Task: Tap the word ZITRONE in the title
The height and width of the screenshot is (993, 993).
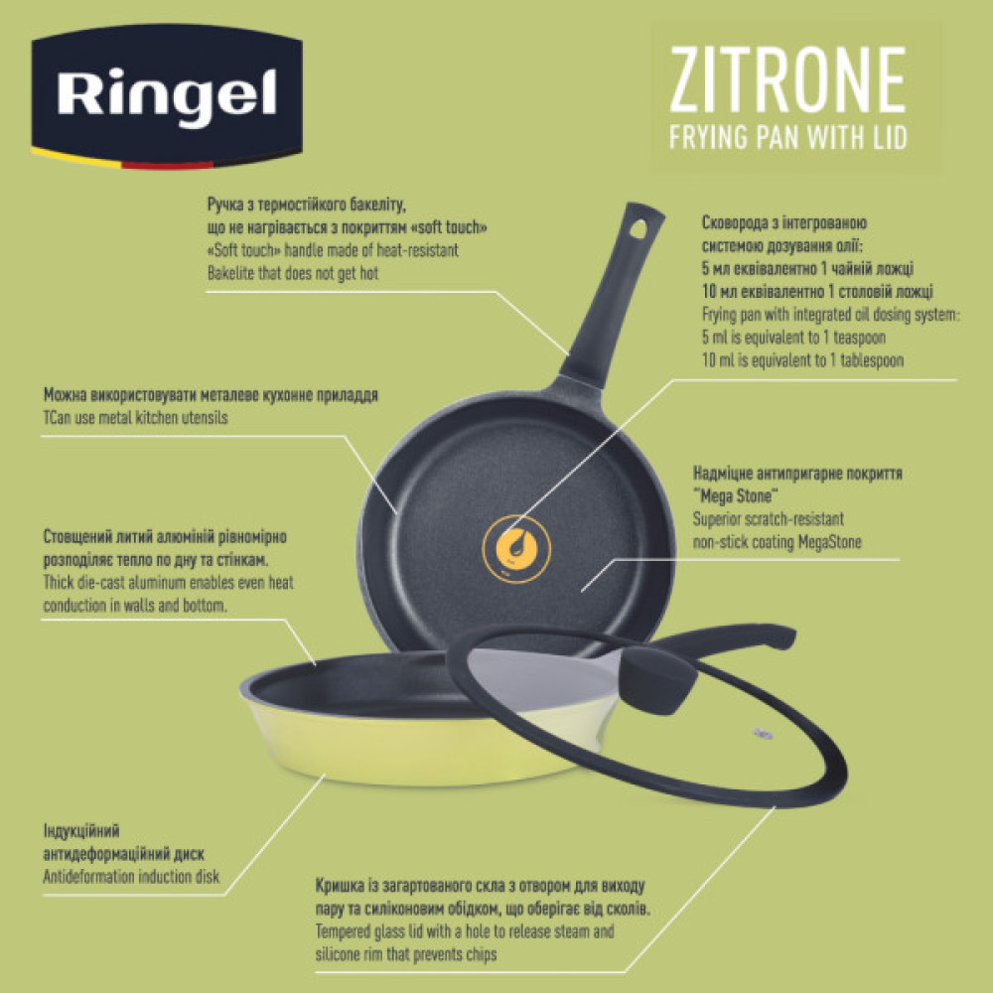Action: coord(787,83)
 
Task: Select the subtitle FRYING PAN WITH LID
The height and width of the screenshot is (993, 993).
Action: coord(787,137)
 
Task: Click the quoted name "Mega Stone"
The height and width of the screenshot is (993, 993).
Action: coord(735,496)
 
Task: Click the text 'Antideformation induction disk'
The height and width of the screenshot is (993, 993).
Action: coord(131,877)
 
